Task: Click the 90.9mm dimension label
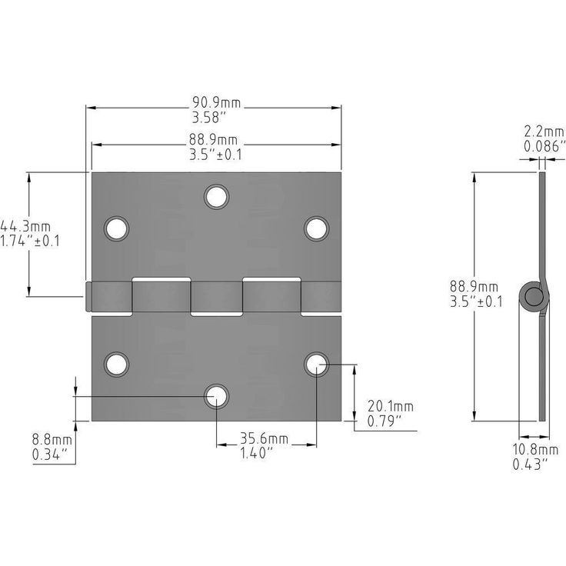(x=216, y=103)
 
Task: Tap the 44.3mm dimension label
(x=25, y=227)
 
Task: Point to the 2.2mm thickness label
(x=544, y=132)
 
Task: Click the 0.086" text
(x=544, y=146)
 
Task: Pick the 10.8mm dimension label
(x=536, y=450)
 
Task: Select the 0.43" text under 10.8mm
(x=530, y=464)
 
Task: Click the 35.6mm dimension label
(x=265, y=438)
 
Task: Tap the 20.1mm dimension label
(x=391, y=407)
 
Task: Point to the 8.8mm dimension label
(x=52, y=440)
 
